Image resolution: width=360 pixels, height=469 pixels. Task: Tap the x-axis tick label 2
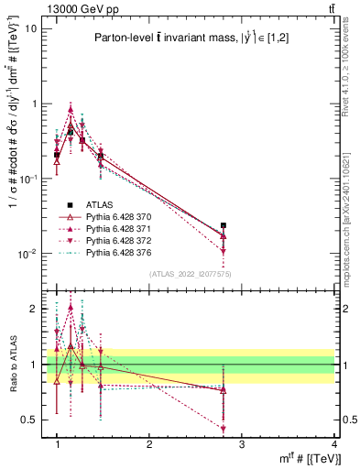[149, 444]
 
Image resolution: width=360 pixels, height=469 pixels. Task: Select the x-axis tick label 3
[242, 444]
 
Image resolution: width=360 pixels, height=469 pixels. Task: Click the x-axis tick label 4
[333, 444]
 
